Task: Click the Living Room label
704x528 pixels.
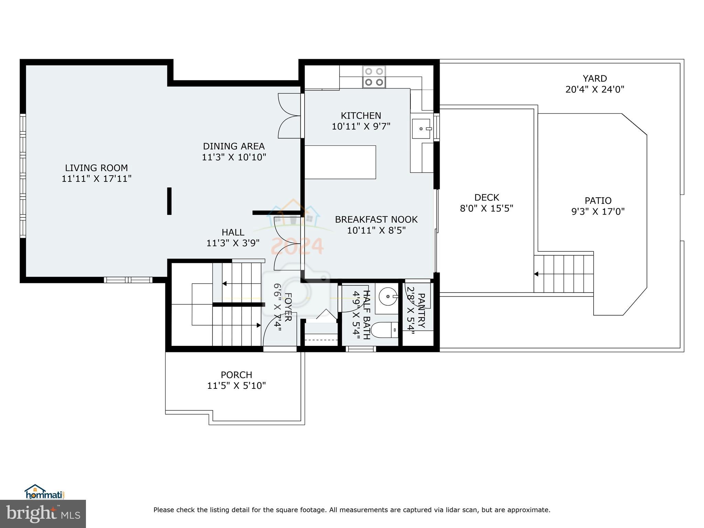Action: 96,168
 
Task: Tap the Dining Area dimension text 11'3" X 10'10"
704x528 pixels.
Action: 234,157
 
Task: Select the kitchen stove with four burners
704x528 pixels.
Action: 374,77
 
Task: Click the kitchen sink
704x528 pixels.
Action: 422,129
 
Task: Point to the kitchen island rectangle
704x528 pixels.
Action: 340,162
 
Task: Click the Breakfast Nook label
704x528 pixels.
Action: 376,219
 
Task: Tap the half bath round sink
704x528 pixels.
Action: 387,296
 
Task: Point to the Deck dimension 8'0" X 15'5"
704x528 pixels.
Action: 486,208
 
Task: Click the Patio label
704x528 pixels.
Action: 598,200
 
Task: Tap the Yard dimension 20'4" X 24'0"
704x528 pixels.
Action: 595,90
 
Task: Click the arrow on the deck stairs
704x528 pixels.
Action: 536,274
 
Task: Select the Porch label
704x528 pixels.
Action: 236,375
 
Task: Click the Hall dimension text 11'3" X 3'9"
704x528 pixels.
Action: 233,243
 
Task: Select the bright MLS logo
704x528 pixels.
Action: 43,514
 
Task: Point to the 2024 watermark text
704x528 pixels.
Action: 297,246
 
